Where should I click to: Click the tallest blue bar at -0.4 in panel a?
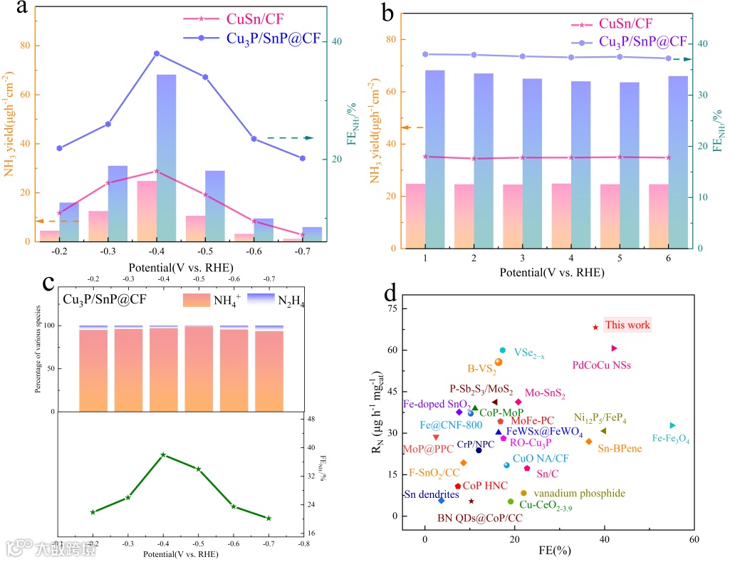click(166, 157)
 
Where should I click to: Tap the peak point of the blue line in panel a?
click(156, 53)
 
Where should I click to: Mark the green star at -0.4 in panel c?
click(163, 454)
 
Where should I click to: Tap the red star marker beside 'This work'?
click(595, 327)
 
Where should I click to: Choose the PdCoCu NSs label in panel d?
click(601, 365)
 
